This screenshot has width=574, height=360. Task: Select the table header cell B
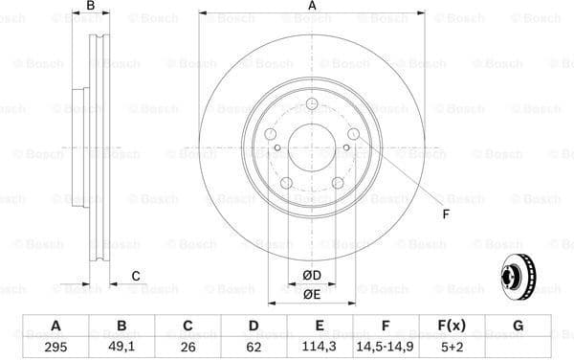coord(121,326)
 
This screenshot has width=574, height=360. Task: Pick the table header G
coord(518,326)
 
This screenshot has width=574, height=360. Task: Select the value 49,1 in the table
coord(121,347)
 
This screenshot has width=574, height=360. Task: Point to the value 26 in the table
coord(188,347)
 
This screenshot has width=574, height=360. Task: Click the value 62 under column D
coord(254,347)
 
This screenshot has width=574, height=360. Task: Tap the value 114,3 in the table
coord(320,347)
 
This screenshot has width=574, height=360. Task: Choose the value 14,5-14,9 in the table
coord(386,347)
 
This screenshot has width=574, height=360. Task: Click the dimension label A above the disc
coord(312,7)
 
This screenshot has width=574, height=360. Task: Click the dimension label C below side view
coord(136,276)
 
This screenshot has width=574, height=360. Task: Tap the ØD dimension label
coord(312,276)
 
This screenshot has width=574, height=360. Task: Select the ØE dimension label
coord(312,294)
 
